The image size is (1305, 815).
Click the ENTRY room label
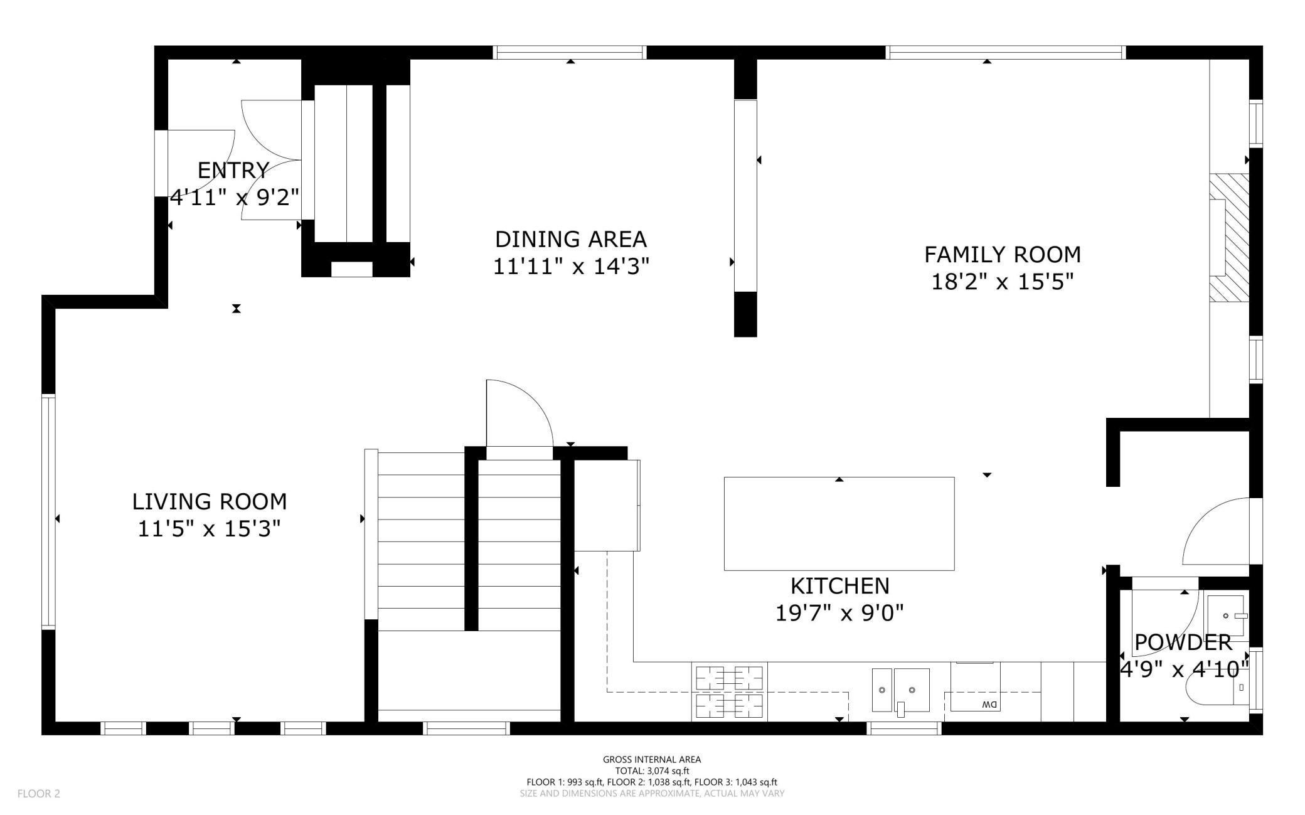point(233,170)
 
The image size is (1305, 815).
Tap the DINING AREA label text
point(571,239)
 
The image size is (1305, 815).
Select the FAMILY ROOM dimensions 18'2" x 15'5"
point(1003,282)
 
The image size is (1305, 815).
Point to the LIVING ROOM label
point(210,501)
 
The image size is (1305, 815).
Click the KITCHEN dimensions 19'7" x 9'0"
point(839,612)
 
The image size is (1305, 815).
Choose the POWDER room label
point(1183,642)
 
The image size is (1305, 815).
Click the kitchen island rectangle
point(839,524)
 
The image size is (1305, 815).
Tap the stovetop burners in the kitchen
point(729,692)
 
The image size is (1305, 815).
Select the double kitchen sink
point(901,690)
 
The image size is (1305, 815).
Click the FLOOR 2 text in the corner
point(39,794)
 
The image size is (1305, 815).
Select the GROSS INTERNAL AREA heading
point(652,759)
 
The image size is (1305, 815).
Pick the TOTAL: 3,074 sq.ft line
point(652,771)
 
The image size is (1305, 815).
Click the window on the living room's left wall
point(48,511)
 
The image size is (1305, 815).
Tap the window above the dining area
point(570,53)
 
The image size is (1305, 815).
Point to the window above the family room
point(1006,53)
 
